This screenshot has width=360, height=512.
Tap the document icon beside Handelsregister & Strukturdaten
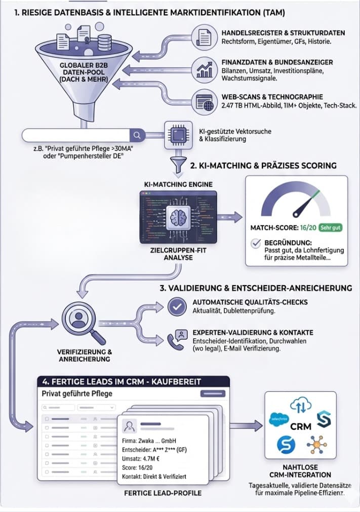tap(204, 37)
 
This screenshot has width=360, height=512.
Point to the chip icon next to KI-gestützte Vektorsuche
tap(178, 135)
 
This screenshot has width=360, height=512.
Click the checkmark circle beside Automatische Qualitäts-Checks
tap(177, 306)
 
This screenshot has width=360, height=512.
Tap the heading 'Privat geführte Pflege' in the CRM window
tap(77, 393)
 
